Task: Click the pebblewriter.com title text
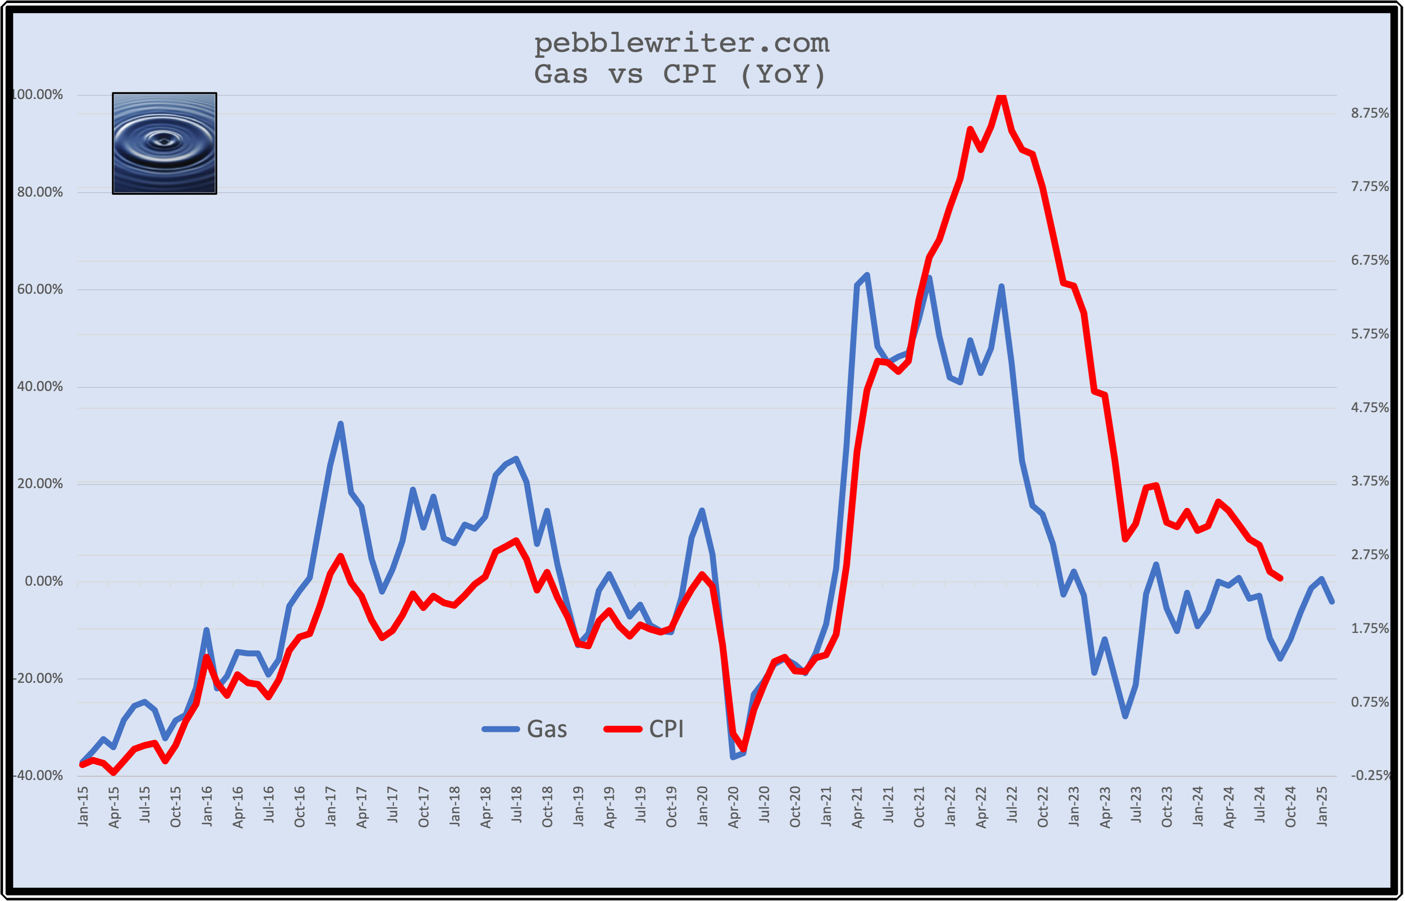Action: (681, 43)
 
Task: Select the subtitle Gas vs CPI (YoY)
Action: (680, 74)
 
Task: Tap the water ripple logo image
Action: (164, 143)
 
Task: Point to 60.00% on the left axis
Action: (40, 290)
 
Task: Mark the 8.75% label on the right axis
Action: (1369, 113)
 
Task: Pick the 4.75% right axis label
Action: (1369, 408)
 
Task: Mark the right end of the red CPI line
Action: (1281, 578)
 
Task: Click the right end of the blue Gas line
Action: (1332, 601)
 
